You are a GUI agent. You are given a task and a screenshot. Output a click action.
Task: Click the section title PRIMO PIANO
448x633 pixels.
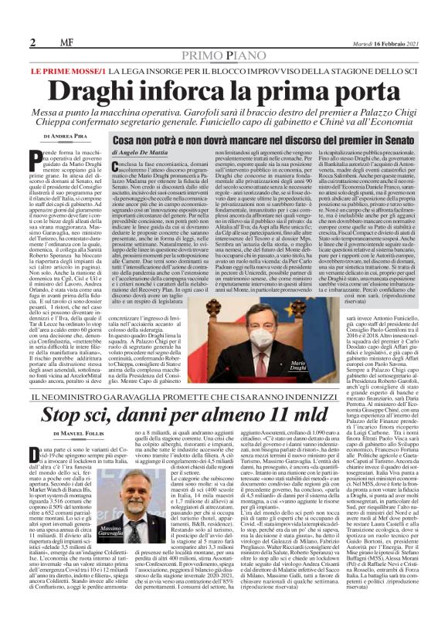coord(223,56)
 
